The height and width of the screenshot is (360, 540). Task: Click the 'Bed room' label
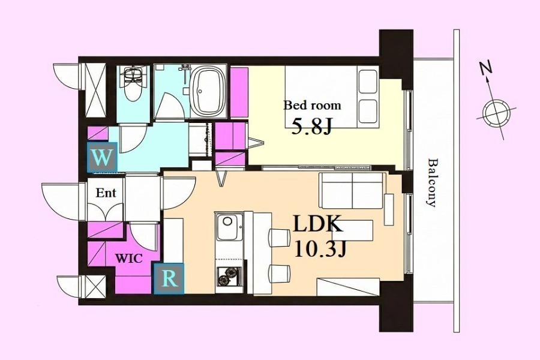[x=312, y=106]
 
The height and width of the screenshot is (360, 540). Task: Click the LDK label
[x=318, y=224]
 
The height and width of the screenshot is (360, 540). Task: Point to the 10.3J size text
[x=320, y=249]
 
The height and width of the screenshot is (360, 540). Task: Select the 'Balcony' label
[x=432, y=182]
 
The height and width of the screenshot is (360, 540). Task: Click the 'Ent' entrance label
[x=106, y=193]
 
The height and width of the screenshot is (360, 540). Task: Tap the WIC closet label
[x=129, y=259]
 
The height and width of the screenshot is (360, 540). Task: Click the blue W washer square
[x=102, y=157]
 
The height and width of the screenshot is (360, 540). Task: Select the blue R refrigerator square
[x=169, y=278]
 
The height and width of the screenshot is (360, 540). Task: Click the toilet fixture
[x=133, y=83]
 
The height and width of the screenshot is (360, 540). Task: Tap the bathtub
[x=208, y=91]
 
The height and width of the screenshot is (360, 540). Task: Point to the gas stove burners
[x=229, y=277]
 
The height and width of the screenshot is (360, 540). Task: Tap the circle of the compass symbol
[x=496, y=113]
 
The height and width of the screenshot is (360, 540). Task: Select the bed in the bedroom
[x=332, y=97]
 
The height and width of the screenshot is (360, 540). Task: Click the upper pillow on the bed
[x=367, y=82]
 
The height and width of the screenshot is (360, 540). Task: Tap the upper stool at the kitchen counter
[x=279, y=238]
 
